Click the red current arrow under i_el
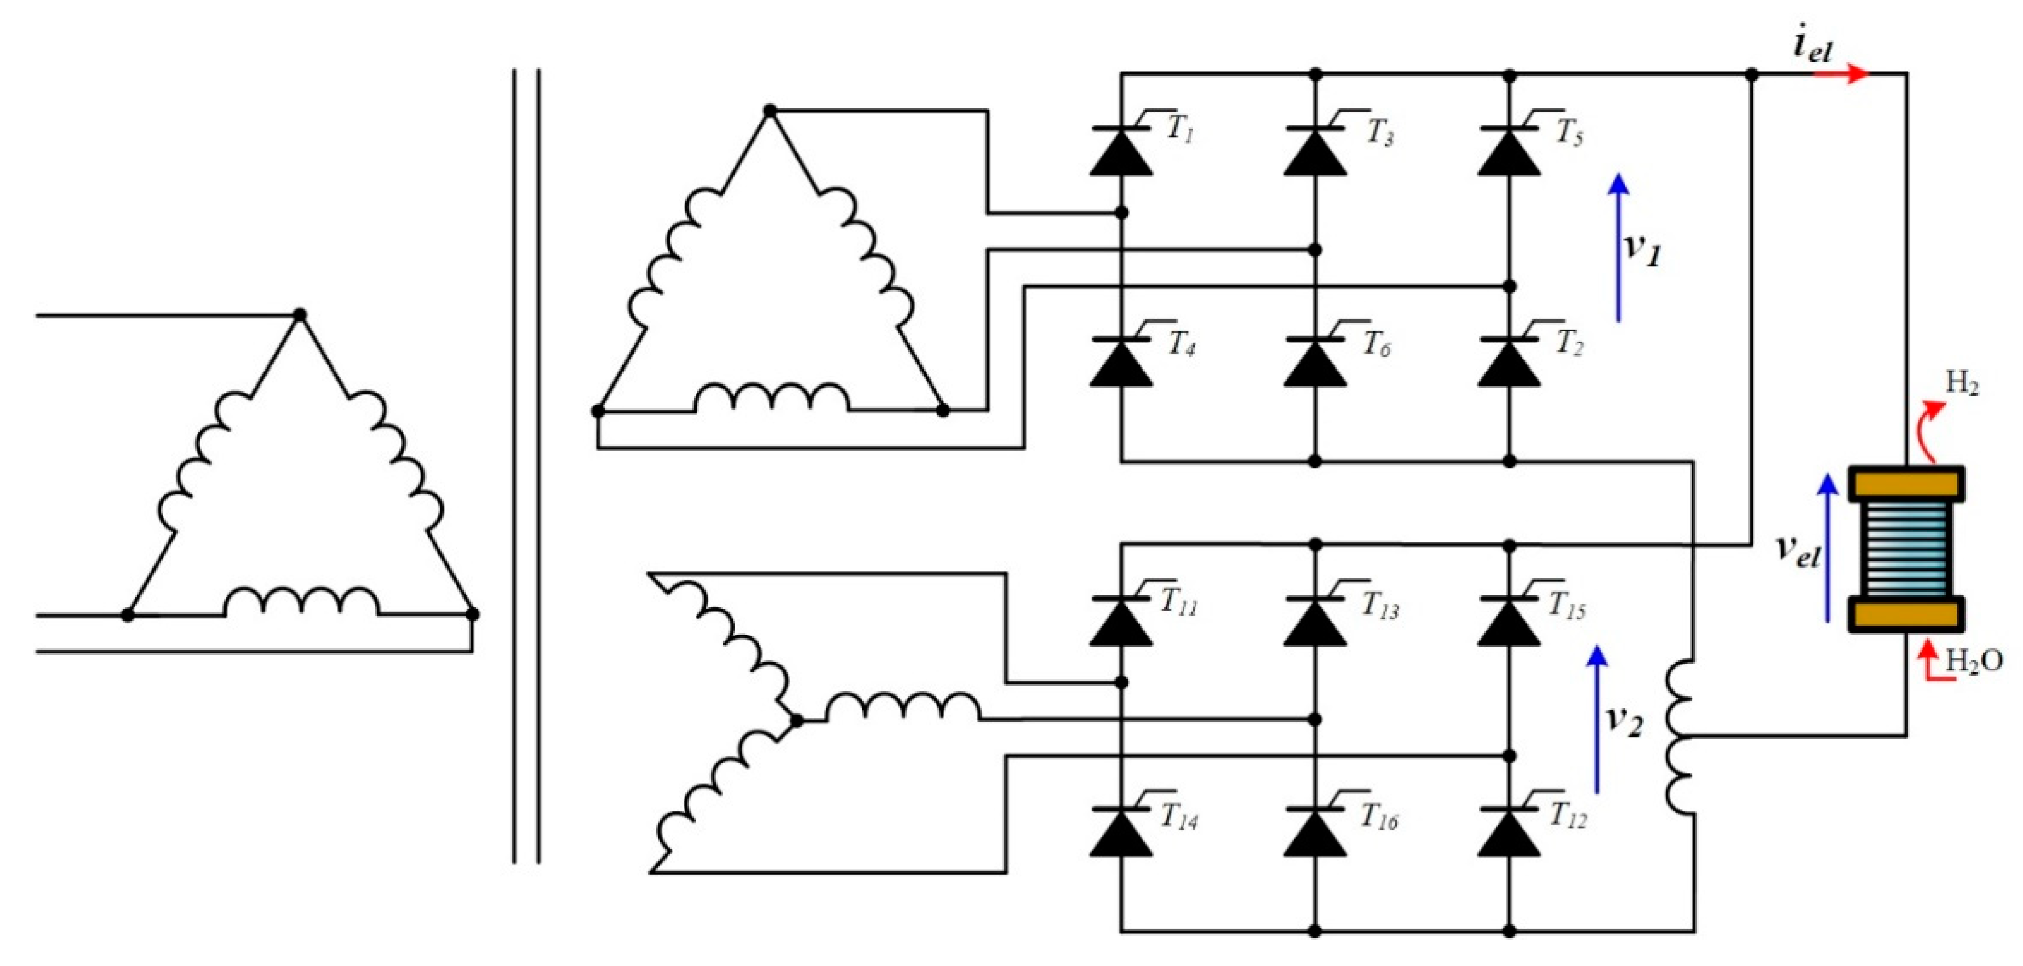click(1842, 74)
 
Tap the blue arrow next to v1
click(1618, 248)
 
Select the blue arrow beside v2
click(1596, 718)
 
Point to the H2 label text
click(1962, 383)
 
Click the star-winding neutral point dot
click(796, 720)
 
